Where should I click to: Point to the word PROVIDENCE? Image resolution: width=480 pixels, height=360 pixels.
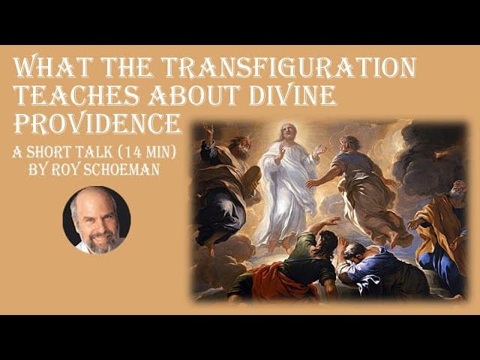tap(97, 123)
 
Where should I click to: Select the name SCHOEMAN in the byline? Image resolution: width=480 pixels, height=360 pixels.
tap(121, 169)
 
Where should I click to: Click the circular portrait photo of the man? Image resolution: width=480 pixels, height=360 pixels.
tap(97, 220)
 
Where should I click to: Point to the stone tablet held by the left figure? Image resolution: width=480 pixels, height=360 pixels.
tap(251, 178)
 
